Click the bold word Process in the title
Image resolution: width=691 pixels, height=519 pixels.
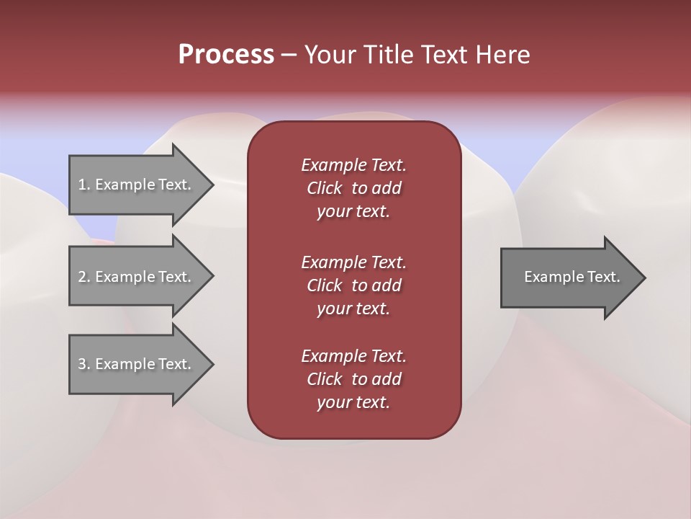click(x=226, y=55)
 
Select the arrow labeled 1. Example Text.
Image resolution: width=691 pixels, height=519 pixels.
click(x=137, y=185)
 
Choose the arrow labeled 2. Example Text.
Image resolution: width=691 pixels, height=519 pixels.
click(x=137, y=277)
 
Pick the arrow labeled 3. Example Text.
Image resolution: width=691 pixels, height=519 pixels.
click(x=137, y=364)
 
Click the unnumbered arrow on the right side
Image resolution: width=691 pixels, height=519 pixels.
click(x=569, y=278)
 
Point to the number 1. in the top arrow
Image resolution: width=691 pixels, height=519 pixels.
click(x=84, y=185)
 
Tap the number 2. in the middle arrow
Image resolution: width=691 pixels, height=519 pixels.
click(x=84, y=277)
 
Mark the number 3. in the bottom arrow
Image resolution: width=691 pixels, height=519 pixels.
click(x=84, y=364)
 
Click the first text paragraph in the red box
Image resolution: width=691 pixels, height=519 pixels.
click(x=353, y=188)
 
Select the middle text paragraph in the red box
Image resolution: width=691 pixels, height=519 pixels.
click(x=353, y=285)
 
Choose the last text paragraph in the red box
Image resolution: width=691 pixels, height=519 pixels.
click(x=353, y=379)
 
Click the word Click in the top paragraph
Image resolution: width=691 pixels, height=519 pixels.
click(x=325, y=188)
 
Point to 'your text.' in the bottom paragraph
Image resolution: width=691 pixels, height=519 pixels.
click(x=353, y=402)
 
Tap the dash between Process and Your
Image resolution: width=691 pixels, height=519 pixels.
click(x=289, y=55)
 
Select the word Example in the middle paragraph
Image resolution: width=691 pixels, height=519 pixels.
click(x=333, y=262)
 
